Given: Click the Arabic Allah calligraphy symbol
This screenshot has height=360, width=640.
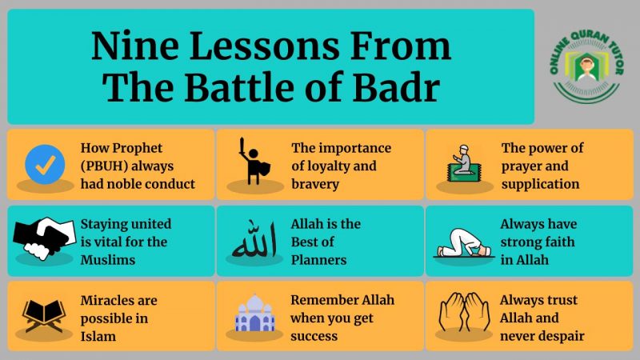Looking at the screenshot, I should pos(254,241).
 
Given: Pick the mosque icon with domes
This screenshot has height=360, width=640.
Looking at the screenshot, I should pos(254,314).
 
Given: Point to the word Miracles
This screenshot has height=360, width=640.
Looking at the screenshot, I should pos(108,301).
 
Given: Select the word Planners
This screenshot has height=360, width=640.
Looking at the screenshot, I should pos(318,259).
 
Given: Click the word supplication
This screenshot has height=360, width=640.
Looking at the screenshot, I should pos(540,184).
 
